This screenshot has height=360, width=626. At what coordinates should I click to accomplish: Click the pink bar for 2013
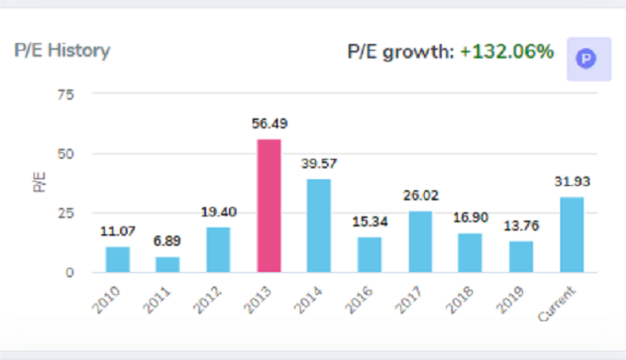tap(269, 205)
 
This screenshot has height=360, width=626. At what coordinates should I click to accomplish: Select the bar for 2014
tap(319, 226)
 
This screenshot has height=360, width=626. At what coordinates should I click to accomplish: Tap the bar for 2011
tap(167, 265)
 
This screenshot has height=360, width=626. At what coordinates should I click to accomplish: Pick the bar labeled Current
tap(571, 234)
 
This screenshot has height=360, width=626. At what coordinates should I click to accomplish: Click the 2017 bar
tap(420, 242)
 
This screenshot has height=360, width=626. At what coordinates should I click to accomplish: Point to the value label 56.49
tap(269, 123)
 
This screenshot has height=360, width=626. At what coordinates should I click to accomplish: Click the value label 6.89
tap(167, 241)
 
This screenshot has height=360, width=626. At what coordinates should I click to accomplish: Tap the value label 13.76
tap(520, 226)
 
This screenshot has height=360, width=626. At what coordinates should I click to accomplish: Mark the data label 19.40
tap(218, 212)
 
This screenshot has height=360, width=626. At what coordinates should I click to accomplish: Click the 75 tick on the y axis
tap(65, 95)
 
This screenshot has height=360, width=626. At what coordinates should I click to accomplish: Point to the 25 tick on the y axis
tap(65, 213)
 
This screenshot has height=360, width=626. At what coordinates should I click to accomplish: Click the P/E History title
tap(62, 51)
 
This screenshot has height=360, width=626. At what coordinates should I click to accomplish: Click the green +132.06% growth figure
tap(507, 52)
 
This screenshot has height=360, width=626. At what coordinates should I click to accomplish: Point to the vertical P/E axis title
tap(40, 181)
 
